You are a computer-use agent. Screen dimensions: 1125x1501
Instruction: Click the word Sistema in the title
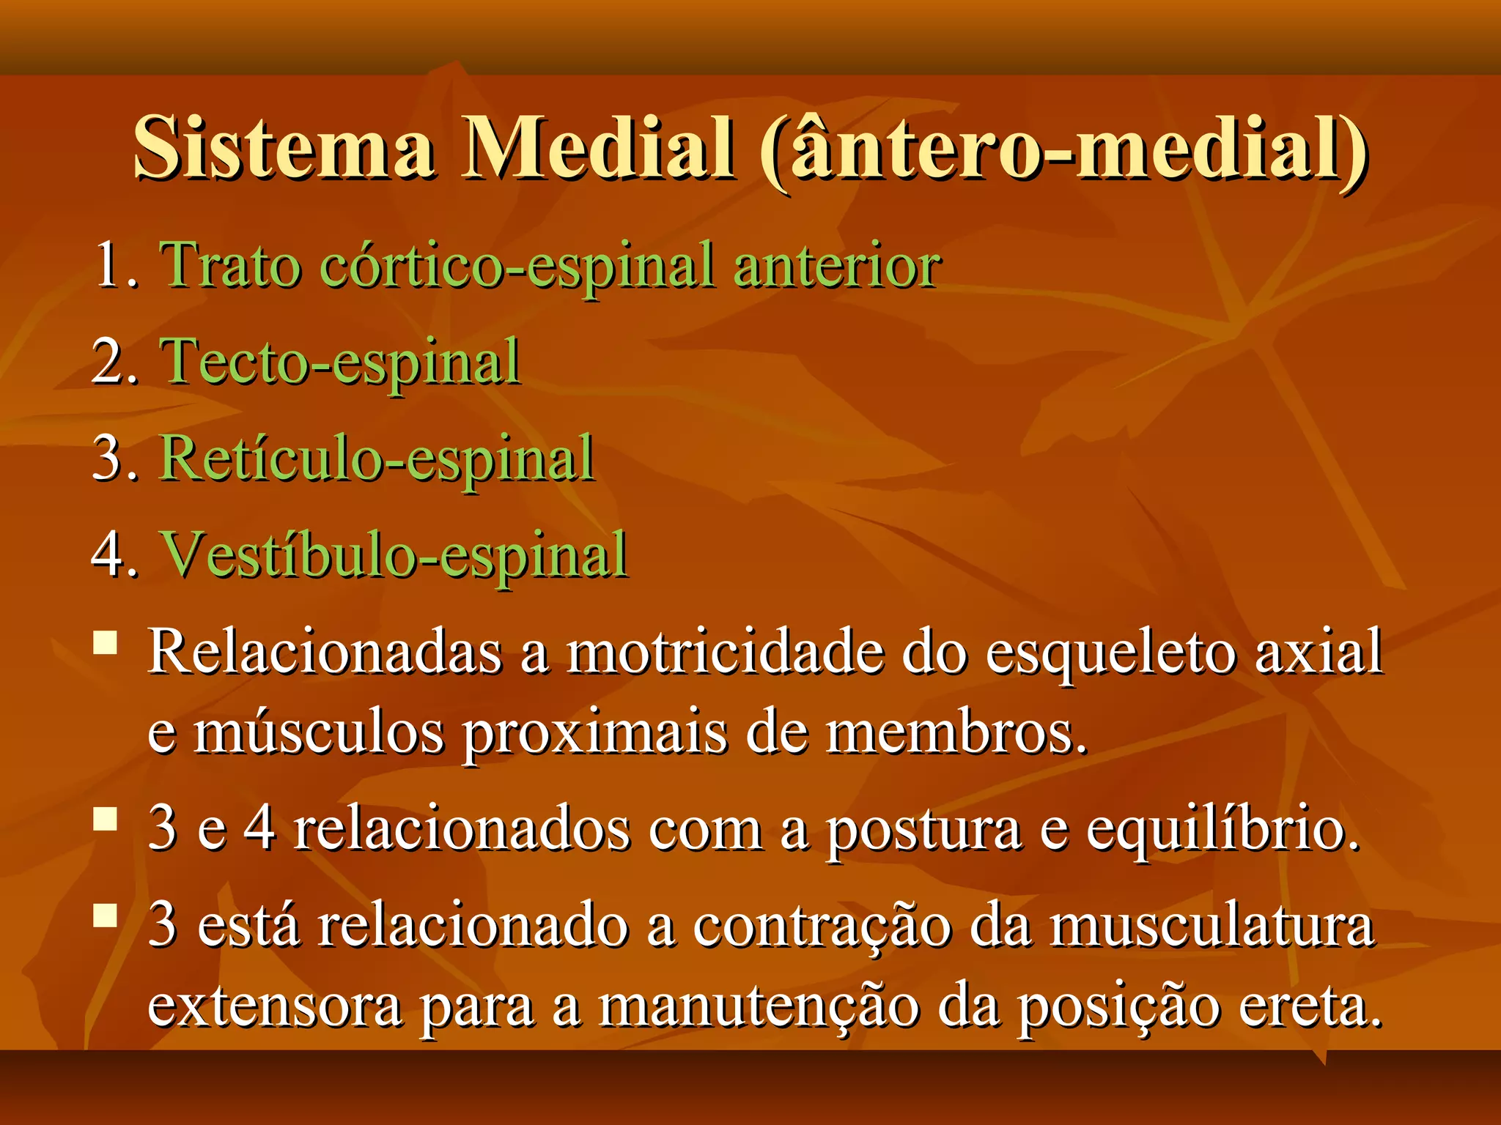[283, 148]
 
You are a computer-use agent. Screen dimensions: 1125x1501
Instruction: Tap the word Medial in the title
[597, 148]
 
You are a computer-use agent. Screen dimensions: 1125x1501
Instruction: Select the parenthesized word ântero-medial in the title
[1063, 149]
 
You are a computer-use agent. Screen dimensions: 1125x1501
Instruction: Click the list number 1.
[116, 265]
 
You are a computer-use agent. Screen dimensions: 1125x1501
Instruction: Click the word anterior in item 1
[837, 265]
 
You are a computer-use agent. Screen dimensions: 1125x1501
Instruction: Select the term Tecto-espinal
[340, 362]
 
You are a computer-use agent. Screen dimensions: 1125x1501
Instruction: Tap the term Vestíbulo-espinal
[394, 555]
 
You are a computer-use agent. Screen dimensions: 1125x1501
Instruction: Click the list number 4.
[114, 555]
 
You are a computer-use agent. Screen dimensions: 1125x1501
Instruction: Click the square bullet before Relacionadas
[106, 642]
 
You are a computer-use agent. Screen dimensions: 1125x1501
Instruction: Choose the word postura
[923, 831]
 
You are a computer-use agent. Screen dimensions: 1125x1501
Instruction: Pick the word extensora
[274, 1006]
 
